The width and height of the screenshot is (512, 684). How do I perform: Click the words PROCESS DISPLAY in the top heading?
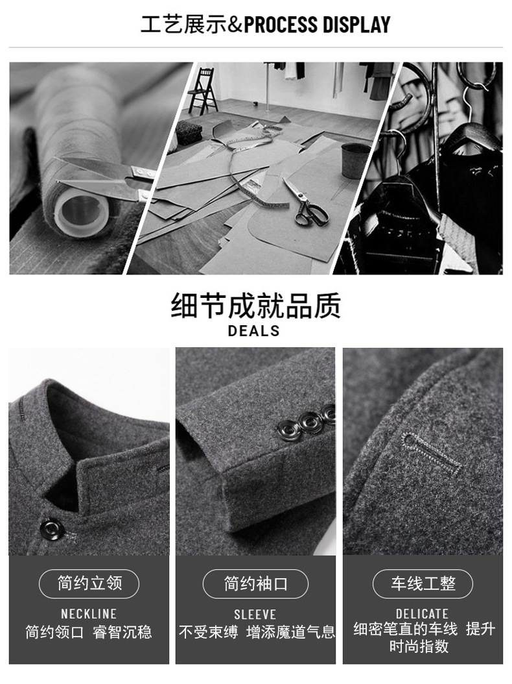click(317, 25)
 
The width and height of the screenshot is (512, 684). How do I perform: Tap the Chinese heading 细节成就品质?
click(255, 306)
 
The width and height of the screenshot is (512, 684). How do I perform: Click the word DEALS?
click(253, 331)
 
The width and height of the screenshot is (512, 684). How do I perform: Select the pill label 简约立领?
click(89, 583)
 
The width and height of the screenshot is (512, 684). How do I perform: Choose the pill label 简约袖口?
click(256, 583)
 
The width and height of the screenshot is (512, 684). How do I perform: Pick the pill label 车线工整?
click(423, 583)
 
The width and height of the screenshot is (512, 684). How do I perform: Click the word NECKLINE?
click(88, 614)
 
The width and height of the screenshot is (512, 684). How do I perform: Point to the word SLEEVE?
click(255, 615)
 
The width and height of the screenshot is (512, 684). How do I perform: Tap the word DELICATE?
click(422, 614)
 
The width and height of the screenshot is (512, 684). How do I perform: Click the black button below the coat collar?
click(52, 529)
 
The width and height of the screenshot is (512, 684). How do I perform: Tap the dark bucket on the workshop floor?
click(355, 160)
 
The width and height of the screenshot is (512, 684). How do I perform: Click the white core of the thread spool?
click(82, 211)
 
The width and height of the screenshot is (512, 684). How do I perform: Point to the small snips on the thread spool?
click(104, 178)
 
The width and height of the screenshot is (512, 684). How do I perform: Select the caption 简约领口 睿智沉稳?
click(88, 632)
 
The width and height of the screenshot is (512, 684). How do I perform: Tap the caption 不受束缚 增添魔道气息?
click(257, 632)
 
